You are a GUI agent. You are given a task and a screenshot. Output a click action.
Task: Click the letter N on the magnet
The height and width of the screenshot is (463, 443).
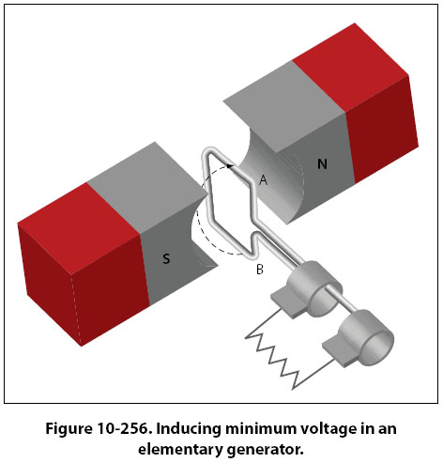click(x=322, y=164)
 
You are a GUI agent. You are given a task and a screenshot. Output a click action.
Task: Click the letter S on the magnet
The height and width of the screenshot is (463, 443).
click(x=166, y=259)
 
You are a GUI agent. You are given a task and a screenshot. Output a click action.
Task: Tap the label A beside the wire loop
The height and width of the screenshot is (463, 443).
click(x=264, y=180)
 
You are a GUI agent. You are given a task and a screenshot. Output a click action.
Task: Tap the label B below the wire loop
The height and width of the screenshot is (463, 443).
click(x=260, y=270)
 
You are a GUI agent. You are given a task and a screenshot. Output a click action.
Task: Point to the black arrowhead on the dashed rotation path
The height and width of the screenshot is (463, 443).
click(x=230, y=166)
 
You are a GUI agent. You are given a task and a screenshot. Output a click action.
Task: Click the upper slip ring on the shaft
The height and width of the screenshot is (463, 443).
click(x=314, y=288)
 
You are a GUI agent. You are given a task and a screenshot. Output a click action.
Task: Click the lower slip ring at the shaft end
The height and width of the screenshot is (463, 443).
click(x=366, y=337)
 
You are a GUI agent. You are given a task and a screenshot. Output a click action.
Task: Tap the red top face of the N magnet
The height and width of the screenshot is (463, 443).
click(x=350, y=67)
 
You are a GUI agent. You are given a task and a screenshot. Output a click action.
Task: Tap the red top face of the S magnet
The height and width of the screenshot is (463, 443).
click(x=78, y=219)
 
